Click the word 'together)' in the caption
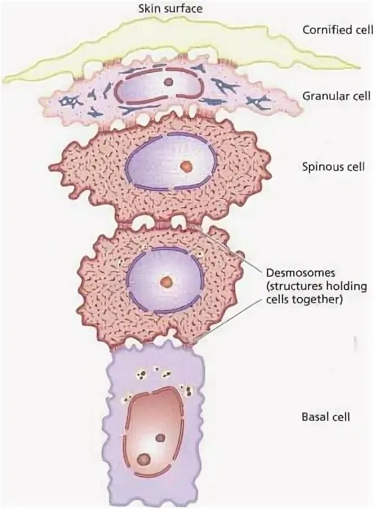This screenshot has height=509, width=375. [322, 300]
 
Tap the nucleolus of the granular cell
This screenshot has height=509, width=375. [168, 82]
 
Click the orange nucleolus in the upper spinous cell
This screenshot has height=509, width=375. [184, 166]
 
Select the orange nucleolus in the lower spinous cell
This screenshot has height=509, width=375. [165, 281]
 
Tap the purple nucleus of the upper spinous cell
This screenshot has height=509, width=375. [169, 161]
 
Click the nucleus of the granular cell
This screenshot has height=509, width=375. [158, 85]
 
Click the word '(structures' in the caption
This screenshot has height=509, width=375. [289, 287]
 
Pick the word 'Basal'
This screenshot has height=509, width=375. [313, 417]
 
